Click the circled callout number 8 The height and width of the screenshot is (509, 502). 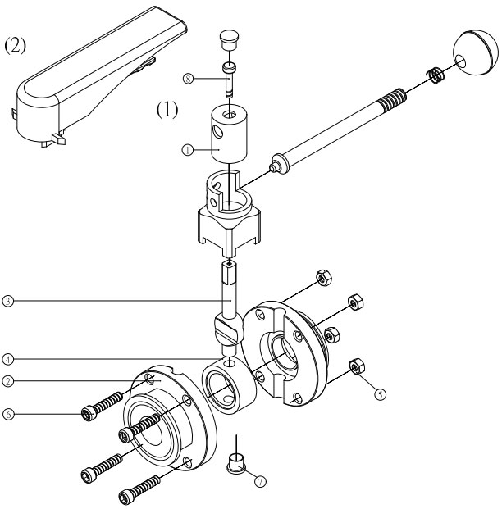click(188, 79)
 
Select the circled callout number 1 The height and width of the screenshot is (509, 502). click(187, 150)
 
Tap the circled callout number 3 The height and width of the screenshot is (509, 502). click(8, 301)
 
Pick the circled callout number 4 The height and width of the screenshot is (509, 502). click(8, 359)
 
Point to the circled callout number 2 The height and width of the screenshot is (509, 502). click(8, 381)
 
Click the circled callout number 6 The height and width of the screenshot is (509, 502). click(8, 414)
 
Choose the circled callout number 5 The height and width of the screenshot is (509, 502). click(380, 394)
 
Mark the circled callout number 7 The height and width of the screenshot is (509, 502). click(260, 482)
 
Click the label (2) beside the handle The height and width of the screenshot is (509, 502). click(15, 45)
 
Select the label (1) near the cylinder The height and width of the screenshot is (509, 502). click(167, 109)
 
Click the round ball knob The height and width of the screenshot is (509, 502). click(476, 53)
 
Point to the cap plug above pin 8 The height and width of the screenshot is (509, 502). click(229, 39)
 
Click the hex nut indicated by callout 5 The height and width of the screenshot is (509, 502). click(357, 366)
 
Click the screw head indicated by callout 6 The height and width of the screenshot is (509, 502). click(88, 414)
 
